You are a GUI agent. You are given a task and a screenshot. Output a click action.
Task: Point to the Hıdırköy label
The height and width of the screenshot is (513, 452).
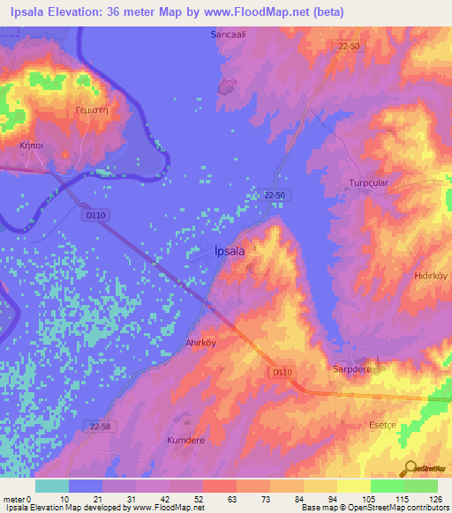(432, 275)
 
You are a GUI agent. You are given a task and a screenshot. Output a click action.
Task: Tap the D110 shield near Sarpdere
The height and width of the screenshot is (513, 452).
(282, 374)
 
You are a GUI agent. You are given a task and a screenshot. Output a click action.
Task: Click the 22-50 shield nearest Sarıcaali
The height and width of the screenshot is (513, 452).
(348, 45)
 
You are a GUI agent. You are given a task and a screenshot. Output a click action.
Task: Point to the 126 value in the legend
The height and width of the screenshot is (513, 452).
(436, 500)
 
